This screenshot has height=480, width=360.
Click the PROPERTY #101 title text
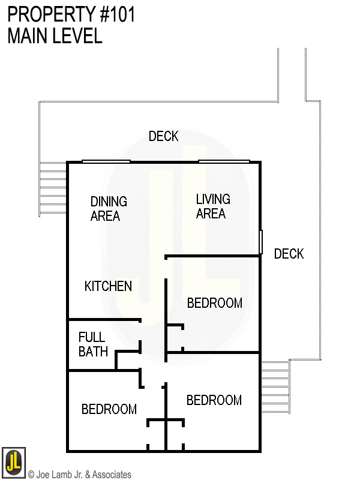point(71,14)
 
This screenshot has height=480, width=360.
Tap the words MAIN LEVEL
point(55,36)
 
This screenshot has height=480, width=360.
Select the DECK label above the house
point(163,137)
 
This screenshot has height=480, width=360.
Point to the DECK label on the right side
point(289,254)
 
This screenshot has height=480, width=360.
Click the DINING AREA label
point(109,208)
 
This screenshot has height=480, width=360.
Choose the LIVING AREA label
point(212,206)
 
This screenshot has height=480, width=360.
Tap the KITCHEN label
point(108,286)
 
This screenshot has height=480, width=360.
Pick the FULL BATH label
point(93,344)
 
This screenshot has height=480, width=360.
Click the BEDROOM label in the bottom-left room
point(109,409)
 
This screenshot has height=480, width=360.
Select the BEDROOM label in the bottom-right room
point(214,400)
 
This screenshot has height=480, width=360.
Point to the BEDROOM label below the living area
point(214,303)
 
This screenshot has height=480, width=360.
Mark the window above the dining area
point(106,161)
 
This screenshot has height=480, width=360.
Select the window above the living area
point(224,161)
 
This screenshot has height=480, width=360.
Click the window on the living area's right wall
point(261,242)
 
